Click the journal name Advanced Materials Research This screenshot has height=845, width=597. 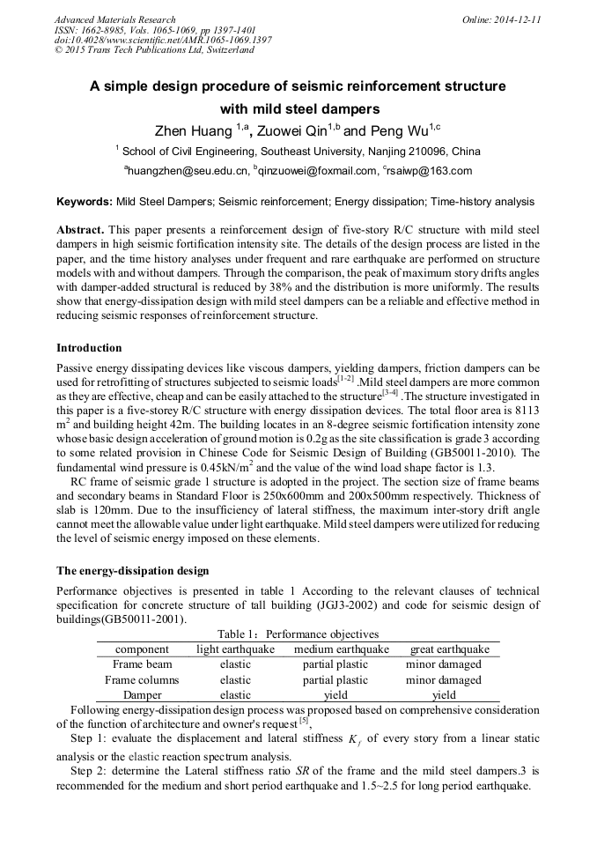click(114, 19)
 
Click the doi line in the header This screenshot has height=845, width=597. click(163, 40)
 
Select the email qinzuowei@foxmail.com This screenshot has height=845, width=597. click(318, 171)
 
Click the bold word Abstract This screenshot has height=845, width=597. click(80, 229)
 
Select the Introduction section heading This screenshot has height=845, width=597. click(89, 348)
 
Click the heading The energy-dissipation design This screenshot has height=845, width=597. click(132, 571)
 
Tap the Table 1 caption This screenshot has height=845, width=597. click(298, 634)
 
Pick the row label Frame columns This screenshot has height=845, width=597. click(142, 680)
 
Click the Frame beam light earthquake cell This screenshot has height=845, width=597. click(235, 664)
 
